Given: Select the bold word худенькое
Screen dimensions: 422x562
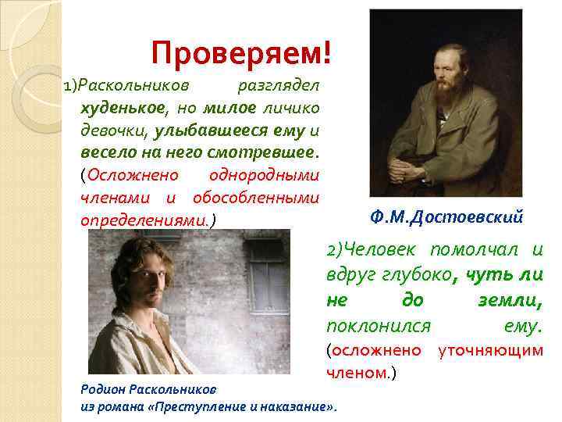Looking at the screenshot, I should [117, 106].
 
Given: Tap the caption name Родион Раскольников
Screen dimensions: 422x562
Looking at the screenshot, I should [149, 388].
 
